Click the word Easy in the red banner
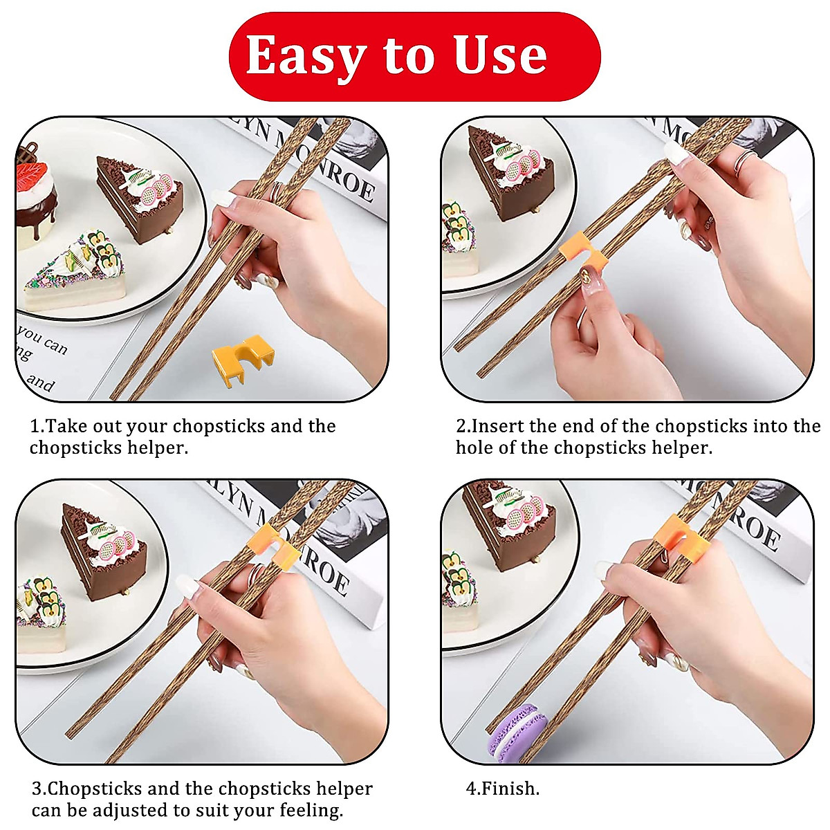305,55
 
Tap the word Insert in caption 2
497,426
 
